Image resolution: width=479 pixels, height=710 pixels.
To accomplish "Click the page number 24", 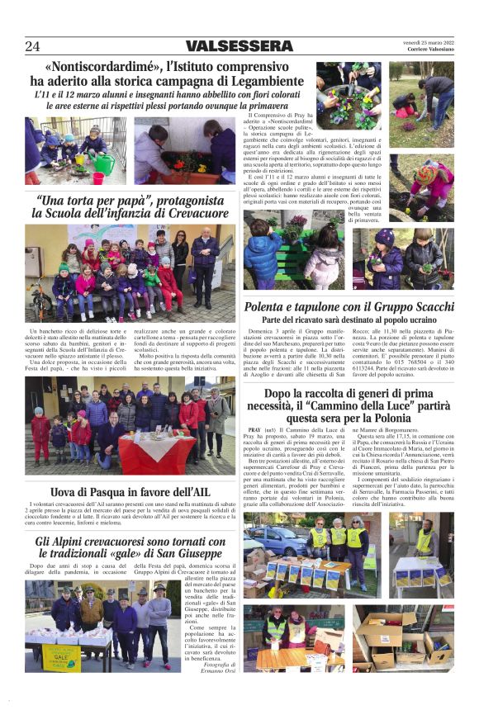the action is (32, 46).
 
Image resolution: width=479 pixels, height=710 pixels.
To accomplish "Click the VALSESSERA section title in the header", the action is (239, 46).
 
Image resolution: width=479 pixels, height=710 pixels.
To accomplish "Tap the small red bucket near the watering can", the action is (98, 177).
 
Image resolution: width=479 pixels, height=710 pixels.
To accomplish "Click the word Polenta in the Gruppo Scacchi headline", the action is (270, 307).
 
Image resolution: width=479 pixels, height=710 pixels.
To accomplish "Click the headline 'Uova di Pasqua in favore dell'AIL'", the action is (130, 493).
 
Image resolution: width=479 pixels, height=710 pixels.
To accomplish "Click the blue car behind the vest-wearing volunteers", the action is (272, 541).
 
